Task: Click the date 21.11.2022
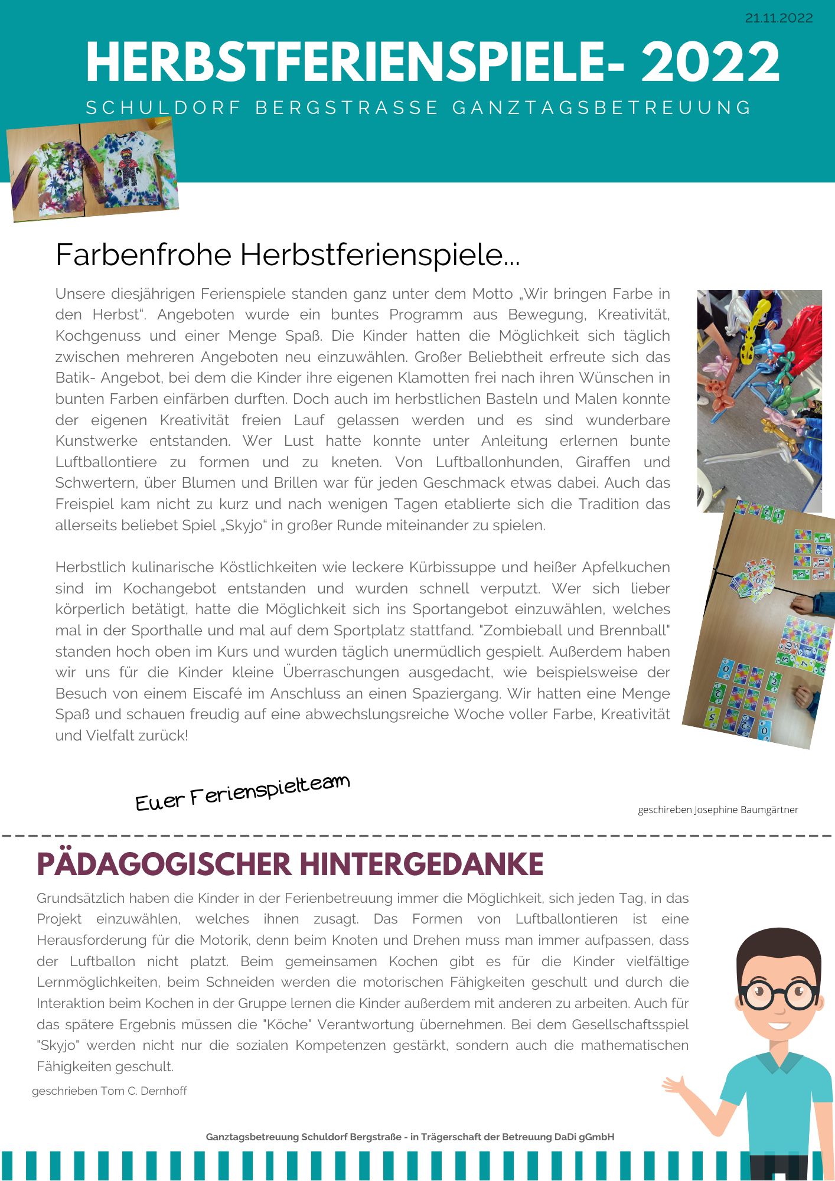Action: [778, 18]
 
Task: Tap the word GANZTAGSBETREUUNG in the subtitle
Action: [602, 108]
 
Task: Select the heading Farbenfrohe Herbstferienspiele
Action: [287, 255]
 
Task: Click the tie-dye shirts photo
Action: [93, 170]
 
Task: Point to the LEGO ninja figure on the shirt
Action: [127, 168]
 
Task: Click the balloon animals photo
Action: [759, 400]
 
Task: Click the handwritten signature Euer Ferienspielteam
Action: [242, 792]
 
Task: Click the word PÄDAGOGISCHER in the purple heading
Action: [164, 864]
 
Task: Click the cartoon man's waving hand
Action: [675, 1085]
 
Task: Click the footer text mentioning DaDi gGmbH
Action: [410, 1137]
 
